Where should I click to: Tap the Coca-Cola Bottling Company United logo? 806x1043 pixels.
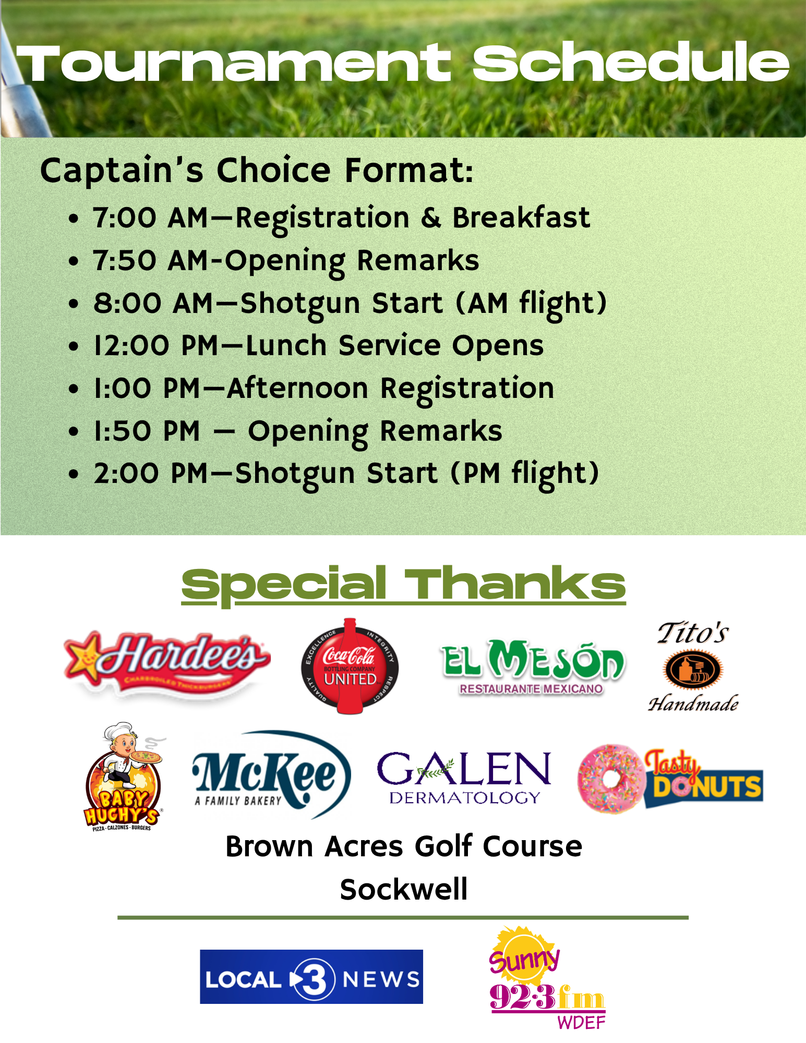tap(350, 666)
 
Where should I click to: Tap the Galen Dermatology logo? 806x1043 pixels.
tap(464, 777)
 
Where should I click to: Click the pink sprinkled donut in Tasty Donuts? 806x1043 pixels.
tap(610, 778)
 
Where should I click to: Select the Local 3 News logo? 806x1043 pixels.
tap(311, 977)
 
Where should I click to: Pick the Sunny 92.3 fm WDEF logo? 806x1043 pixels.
tap(547, 978)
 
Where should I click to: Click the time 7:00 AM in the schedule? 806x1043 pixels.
tap(151, 217)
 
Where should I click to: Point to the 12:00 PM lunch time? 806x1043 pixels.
tap(156, 346)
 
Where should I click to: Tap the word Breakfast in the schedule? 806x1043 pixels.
tap(521, 217)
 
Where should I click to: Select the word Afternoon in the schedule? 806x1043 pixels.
tap(298, 389)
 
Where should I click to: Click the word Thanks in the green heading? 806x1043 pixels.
tap(515, 584)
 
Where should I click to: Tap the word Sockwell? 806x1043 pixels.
tap(404, 889)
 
